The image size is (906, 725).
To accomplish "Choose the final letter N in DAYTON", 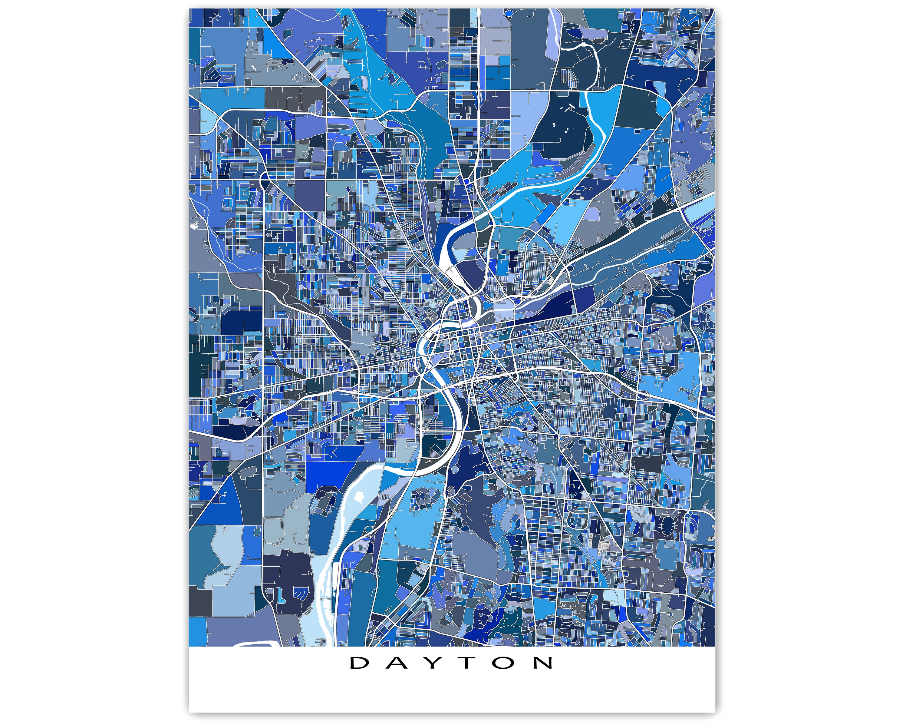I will point(543,663).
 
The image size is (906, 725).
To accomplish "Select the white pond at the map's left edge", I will point(194,226).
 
